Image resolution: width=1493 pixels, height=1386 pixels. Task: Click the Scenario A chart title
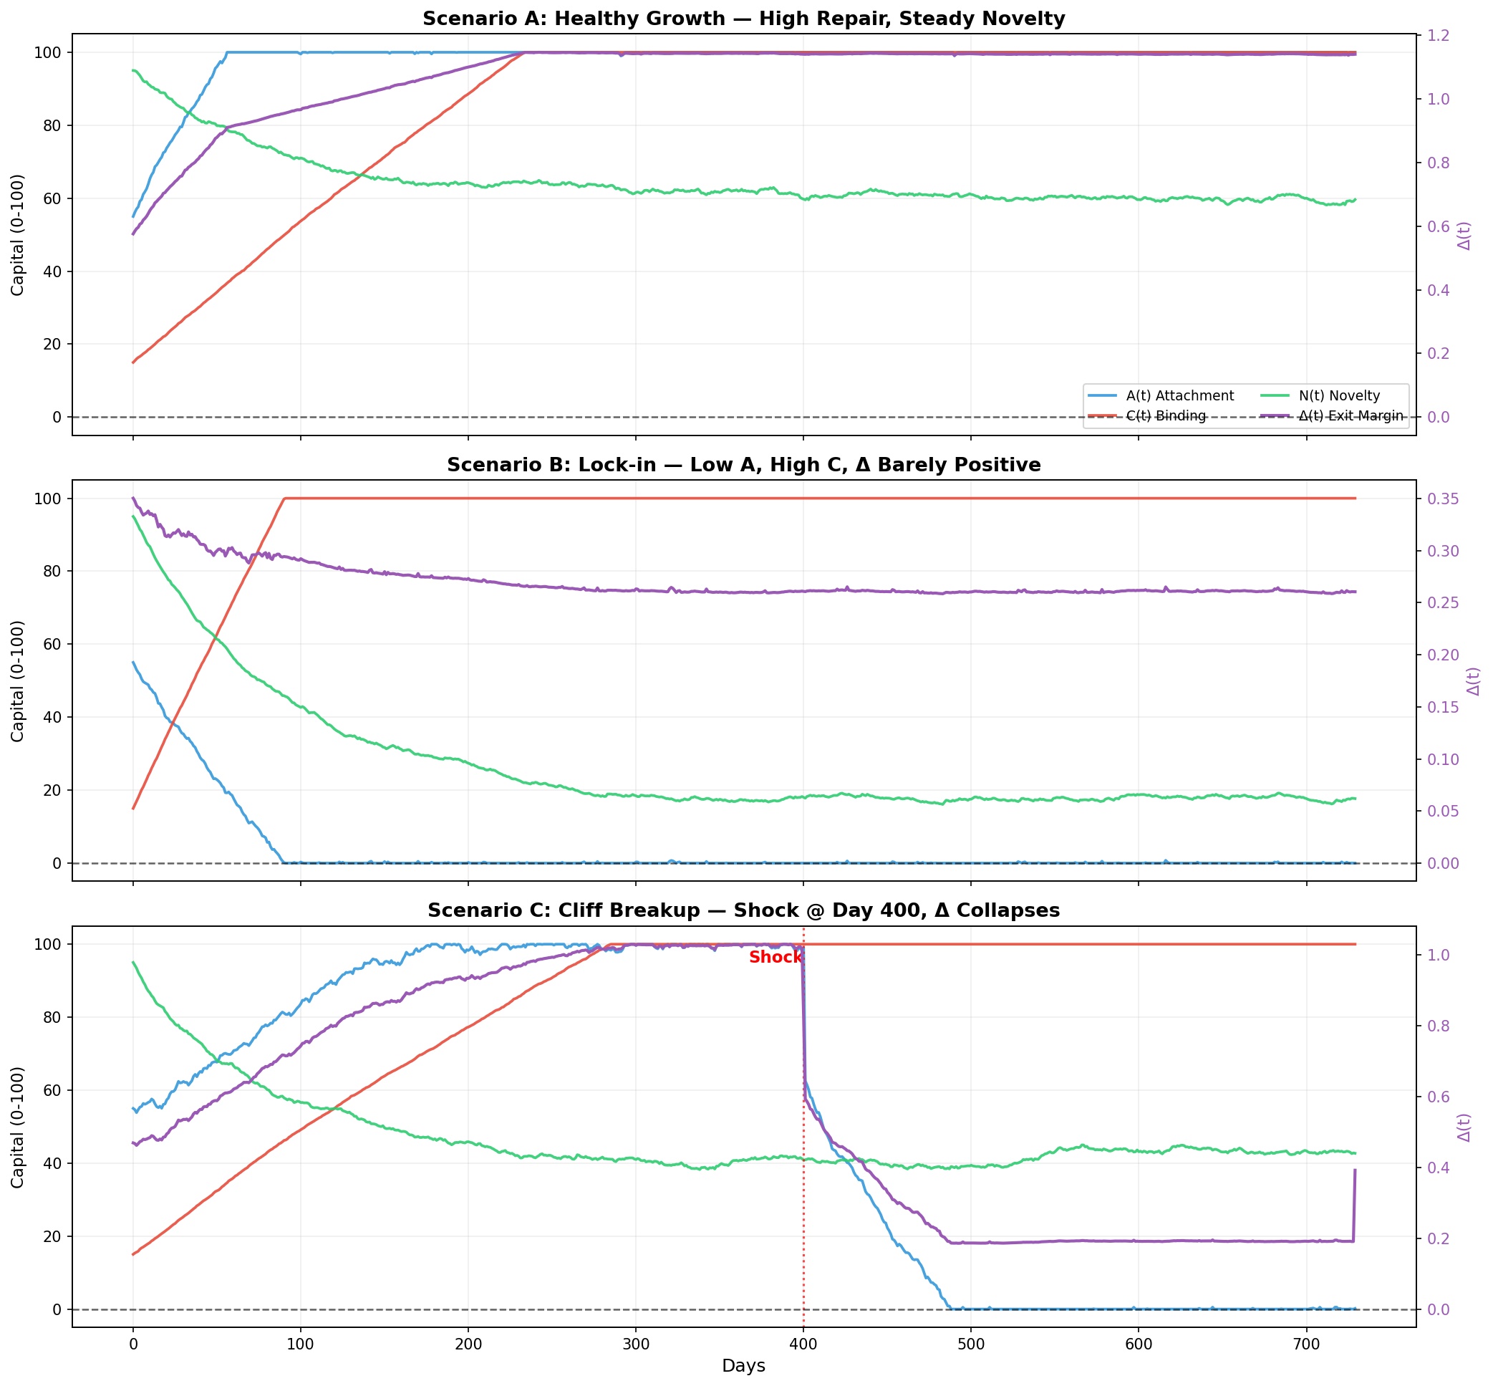(743, 19)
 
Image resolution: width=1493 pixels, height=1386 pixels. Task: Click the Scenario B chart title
(743, 465)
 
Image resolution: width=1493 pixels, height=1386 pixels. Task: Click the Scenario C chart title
(743, 910)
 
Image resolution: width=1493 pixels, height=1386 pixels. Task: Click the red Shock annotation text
(776, 958)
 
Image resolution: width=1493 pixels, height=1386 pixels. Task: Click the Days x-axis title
(743, 1366)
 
